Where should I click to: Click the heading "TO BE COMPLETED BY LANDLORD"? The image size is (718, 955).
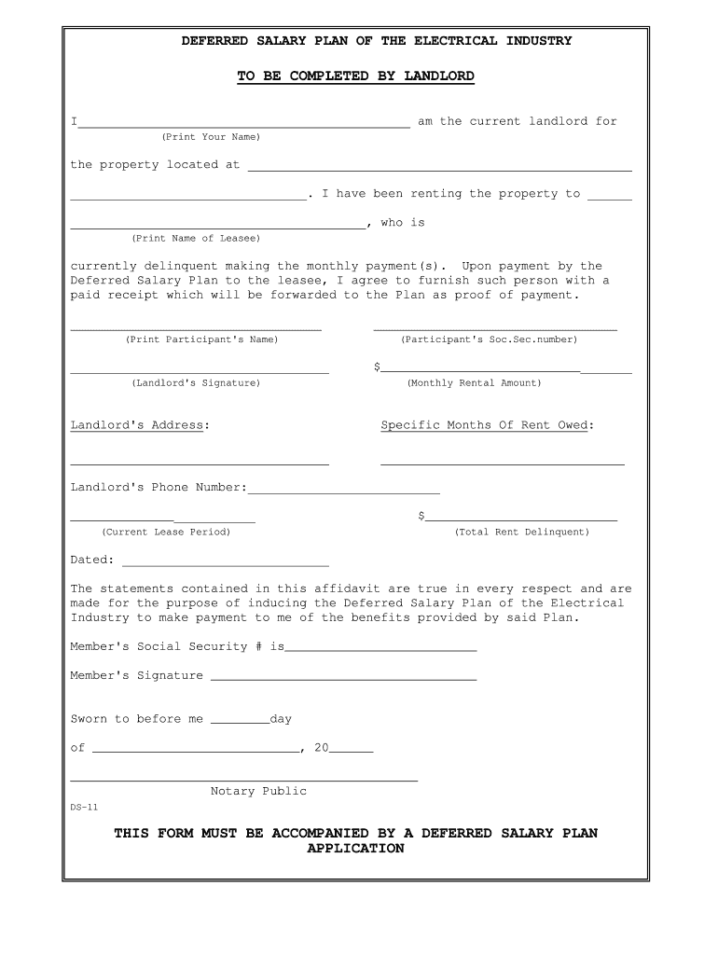(x=355, y=76)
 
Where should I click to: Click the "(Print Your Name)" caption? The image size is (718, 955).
(x=211, y=137)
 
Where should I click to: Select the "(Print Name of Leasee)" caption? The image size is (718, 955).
(x=196, y=238)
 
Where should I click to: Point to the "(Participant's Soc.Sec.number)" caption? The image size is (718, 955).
(x=489, y=339)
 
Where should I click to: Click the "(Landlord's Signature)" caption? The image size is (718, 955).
(x=196, y=383)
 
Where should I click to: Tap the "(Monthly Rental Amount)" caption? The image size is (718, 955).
(x=474, y=383)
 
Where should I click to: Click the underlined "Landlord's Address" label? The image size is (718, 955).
(x=137, y=425)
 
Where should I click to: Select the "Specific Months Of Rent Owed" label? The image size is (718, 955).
(x=484, y=425)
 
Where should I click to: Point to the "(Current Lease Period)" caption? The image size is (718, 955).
(x=166, y=532)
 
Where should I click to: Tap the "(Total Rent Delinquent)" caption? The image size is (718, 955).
(x=522, y=532)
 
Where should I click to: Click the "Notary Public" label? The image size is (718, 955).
(x=258, y=791)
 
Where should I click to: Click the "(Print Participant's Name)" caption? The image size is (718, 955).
(x=201, y=339)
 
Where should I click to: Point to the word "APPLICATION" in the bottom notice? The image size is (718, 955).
(x=355, y=849)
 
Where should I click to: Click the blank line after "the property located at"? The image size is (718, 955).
(x=439, y=169)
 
